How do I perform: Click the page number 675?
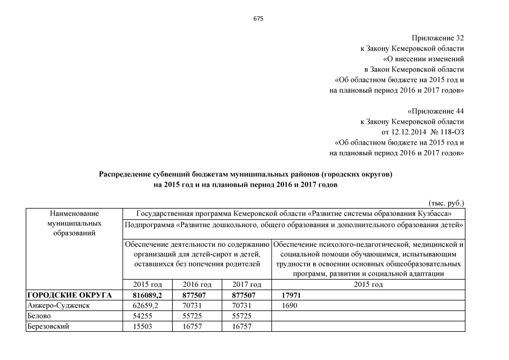[259, 19]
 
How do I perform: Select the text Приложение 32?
[438, 38]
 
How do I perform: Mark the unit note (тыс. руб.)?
[446, 203]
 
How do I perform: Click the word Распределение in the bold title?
[126, 174]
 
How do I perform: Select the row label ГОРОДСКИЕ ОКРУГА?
[69, 295]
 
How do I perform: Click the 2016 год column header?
[197, 285]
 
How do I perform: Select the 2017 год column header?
[247, 285]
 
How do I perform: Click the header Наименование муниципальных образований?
[74, 223]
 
